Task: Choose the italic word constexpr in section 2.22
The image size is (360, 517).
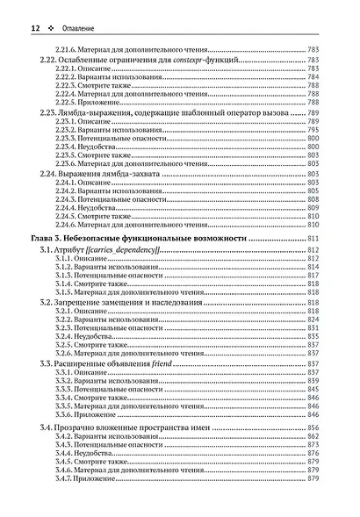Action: pyautogui.click(x=189, y=59)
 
